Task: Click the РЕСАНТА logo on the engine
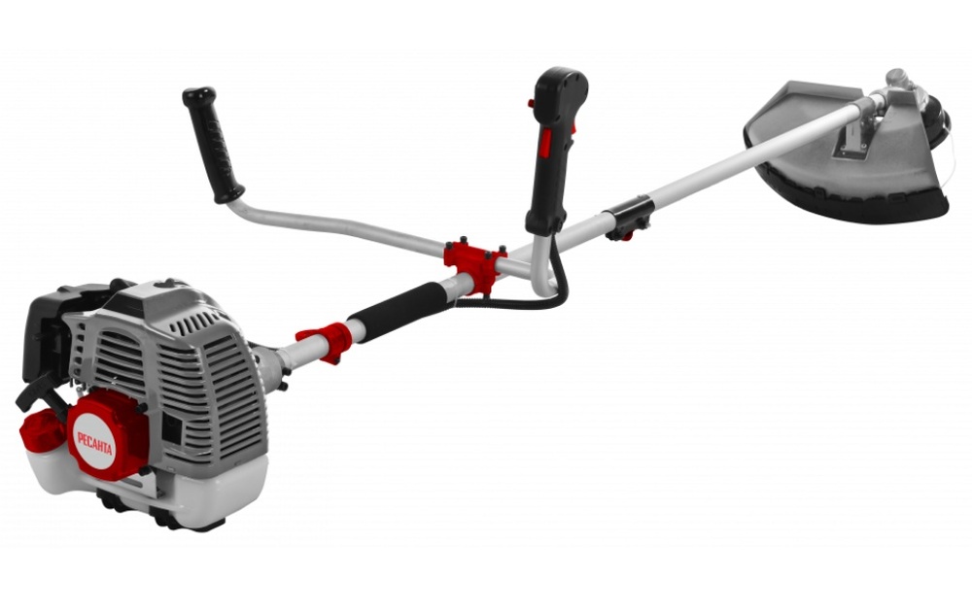(x=95, y=443)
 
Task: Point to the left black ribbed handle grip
(x=212, y=145)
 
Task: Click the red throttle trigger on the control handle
(x=545, y=144)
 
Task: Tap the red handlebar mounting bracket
(x=474, y=263)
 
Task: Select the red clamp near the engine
(x=325, y=340)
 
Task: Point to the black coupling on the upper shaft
(x=629, y=217)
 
